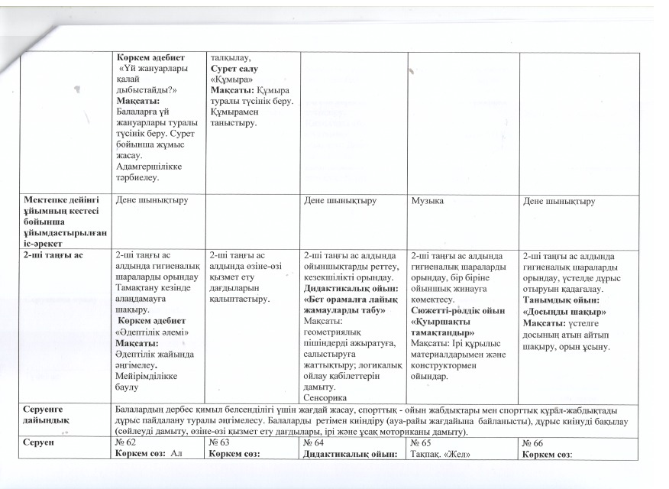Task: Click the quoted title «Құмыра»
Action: [x=231, y=79]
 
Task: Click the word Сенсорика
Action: [x=325, y=398]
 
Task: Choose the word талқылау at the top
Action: [x=229, y=57]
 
